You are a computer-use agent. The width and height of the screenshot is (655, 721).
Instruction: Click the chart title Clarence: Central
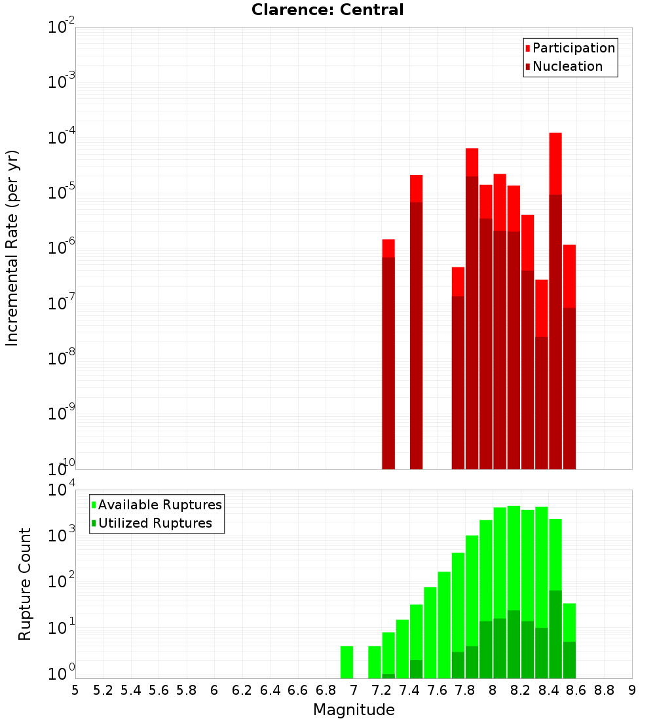(327, 10)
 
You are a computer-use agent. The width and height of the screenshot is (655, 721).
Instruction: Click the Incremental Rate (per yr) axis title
(12, 248)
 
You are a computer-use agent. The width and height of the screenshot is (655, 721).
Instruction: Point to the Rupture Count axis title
(25, 584)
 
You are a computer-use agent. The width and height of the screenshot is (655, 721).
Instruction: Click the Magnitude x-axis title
(354, 710)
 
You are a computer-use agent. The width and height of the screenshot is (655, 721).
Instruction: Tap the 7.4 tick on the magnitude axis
(409, 690)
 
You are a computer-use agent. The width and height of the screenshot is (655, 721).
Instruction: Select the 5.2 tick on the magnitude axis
(103, 690)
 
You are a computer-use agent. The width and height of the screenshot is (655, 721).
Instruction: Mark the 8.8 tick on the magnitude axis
(604, 690)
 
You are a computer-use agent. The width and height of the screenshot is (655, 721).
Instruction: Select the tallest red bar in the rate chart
(555, 164)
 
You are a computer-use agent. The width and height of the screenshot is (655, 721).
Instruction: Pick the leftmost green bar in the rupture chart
(346, 662)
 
